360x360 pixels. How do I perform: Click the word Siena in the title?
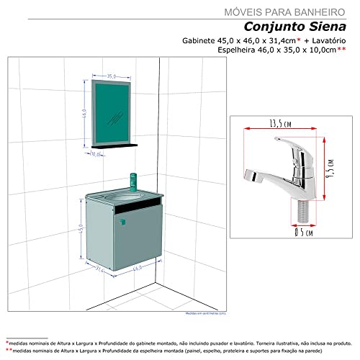tap(328, 26)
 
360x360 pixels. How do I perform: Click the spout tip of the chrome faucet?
tap(251, 177)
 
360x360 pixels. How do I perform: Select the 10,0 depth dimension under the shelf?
tap(96, 153)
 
